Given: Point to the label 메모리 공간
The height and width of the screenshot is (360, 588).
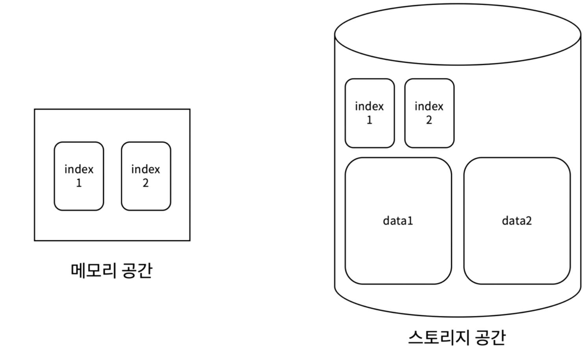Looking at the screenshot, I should pos(111,271).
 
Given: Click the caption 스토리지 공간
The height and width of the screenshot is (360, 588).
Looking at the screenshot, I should pos(457,338).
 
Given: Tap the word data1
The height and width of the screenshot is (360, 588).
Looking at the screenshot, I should pos(398,221).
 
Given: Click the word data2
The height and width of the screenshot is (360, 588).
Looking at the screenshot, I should pos(517,221).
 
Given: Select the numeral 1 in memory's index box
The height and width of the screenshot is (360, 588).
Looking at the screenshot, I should pos(79,183).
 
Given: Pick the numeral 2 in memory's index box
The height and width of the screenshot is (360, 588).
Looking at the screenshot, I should pos(146,183).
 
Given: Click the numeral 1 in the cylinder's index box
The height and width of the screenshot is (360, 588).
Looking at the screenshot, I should pos(370,120).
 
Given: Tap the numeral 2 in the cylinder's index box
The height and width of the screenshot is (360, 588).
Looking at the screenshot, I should pos(429,120).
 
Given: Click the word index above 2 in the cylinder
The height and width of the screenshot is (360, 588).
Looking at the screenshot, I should pos(429,106).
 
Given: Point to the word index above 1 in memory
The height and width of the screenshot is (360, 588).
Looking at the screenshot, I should pos(79,169).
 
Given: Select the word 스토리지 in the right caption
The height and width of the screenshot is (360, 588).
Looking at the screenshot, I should pos(438,338).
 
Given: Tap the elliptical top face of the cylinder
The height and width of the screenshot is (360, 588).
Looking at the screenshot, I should pos(457,35).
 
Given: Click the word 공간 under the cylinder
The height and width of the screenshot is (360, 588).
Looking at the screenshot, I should pos(490,338).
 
